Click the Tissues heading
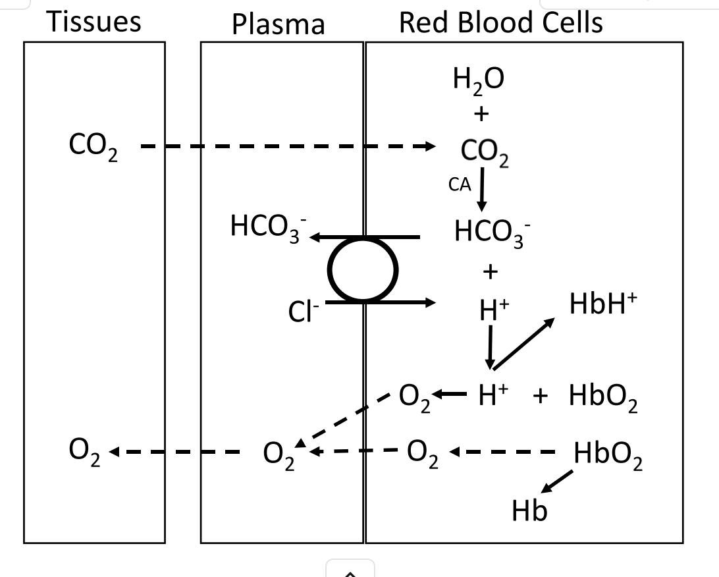(x=94, y=22)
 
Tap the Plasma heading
(x=278, y=25)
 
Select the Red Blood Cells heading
(x=500, y=23)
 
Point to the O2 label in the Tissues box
(x=86, y=453)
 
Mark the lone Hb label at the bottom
(x=529, y=511)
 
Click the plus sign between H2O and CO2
(x=481, y=115)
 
